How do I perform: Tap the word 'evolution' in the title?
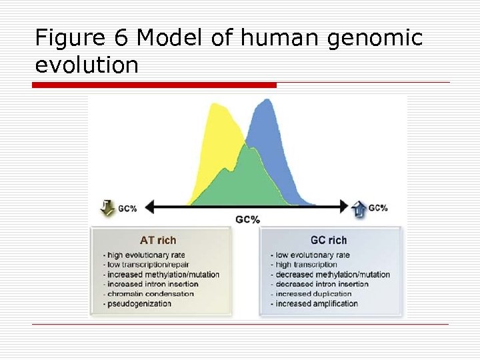click(87, 65)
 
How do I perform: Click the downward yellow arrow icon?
click(106, 207)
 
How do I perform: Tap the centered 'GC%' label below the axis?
click(247, 219)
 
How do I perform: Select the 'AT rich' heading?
click(157, 240)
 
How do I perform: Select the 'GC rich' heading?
click(328, 240)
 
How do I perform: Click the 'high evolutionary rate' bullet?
click(144, 255)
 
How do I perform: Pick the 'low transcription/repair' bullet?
click(147, 265)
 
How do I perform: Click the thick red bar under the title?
click(154, 85)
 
